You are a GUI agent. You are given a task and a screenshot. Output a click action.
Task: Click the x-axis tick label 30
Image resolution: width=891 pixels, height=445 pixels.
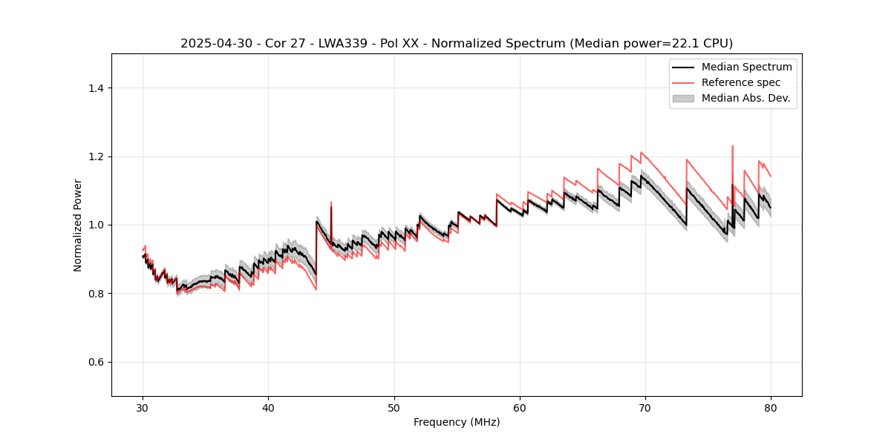click(x=143, y=408)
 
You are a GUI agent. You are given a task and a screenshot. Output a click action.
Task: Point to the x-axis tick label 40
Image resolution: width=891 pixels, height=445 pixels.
click(x=269, y=408)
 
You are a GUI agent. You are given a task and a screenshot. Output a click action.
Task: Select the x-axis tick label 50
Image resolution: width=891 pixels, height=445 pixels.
click(x=394, y=408)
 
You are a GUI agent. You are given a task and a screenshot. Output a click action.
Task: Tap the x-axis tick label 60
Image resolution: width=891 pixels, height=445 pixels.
click(x=520, y=408)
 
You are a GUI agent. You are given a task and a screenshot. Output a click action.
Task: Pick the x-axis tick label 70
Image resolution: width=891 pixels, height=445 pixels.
click(x=645, y=408)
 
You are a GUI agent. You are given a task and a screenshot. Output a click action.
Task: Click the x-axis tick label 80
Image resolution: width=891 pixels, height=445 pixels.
click(x=771, y=408)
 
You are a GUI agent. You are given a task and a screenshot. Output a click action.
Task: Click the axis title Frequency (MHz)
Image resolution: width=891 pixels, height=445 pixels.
click(x=457, y=422)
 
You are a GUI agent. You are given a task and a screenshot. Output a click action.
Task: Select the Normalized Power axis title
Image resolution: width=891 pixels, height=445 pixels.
click(x=78, y=225)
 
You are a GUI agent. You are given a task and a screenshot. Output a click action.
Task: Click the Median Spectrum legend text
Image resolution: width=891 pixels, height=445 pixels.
click(x=746, y=67)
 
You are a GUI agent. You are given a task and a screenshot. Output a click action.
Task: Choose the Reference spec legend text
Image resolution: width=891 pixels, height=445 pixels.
click(x=740, y=82)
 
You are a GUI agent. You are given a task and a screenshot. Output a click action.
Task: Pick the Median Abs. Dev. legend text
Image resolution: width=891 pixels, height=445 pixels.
click(x=745, y=98)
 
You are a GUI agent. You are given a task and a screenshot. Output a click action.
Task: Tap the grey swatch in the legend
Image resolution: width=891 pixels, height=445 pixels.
click(x=683, y=98)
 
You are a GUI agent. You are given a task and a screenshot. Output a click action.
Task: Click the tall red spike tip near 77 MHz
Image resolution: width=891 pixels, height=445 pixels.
click(x=733, y=146)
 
